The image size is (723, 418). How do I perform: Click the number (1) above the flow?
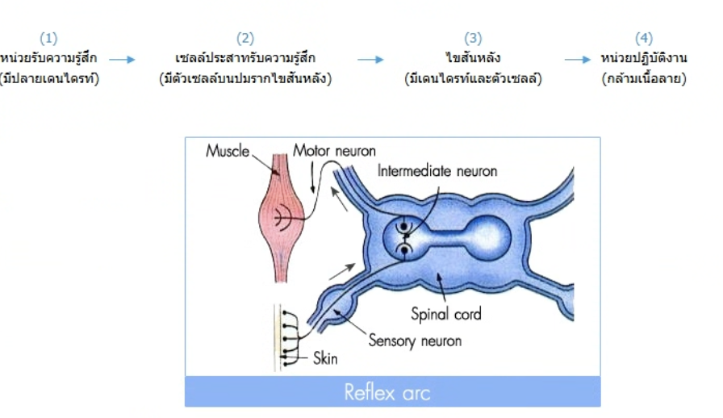(x=48, y=38)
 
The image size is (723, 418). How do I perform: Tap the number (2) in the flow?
(x=245, y=38)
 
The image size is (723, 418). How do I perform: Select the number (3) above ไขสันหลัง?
(x=473, y=38)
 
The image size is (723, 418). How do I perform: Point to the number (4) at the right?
(x=644, y=38)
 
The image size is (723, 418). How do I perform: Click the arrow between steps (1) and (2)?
(x=122, y=59)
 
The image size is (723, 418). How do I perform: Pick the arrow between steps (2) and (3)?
(x=370, y=59)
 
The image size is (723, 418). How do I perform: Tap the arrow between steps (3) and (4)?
(x=577, y=59)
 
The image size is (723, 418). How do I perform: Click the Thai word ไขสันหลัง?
(x=473, y=57)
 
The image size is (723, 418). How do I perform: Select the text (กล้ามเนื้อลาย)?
(x=644, y=78)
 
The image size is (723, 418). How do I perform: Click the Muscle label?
(x=228, y=151)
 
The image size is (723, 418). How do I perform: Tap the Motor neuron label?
(x=334, y=151)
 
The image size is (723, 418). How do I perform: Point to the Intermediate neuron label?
(x=437, y=171)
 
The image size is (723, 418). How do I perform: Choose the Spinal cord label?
(x=446, y=314)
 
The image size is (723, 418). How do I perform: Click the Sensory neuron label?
(x=415, y=341)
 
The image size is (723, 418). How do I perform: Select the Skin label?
(x=325, y=358)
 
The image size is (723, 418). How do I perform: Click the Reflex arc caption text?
(x=387, y=393)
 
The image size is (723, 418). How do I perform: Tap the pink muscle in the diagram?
(x=282, y=217)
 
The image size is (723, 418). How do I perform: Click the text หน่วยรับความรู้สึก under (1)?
(x=48, y=57)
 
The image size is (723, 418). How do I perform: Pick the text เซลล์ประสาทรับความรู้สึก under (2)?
(x=245, y=57)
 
